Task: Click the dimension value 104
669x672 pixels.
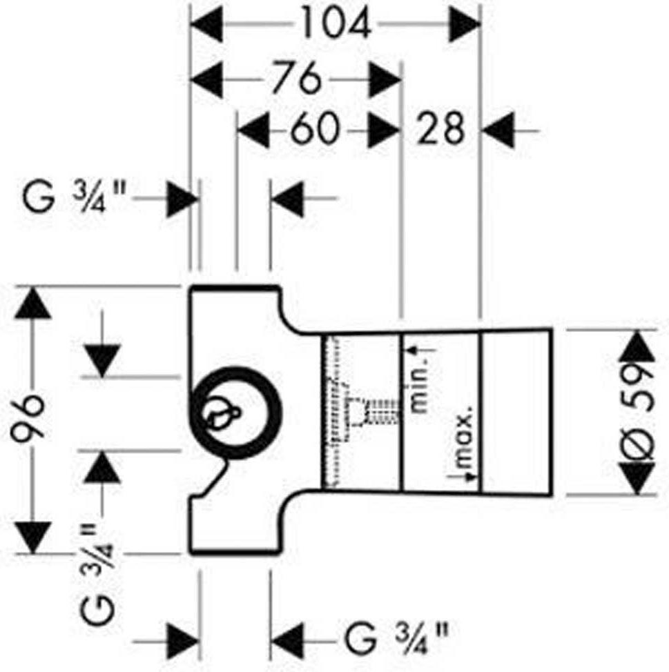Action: [x=336, y=23]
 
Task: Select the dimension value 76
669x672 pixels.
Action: [x=297, y=79]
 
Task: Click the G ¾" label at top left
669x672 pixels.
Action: [x=74, y=197]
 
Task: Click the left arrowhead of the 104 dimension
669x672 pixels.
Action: [x=206, y=23]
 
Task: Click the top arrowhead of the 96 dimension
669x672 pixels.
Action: [x=32, y=303]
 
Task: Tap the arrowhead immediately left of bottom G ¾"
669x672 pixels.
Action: [x=287, y=642]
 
